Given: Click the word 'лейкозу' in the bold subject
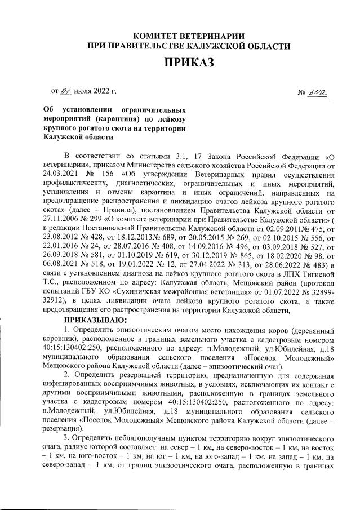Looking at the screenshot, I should click(169, 119).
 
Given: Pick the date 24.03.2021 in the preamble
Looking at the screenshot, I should click(65, 174).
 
